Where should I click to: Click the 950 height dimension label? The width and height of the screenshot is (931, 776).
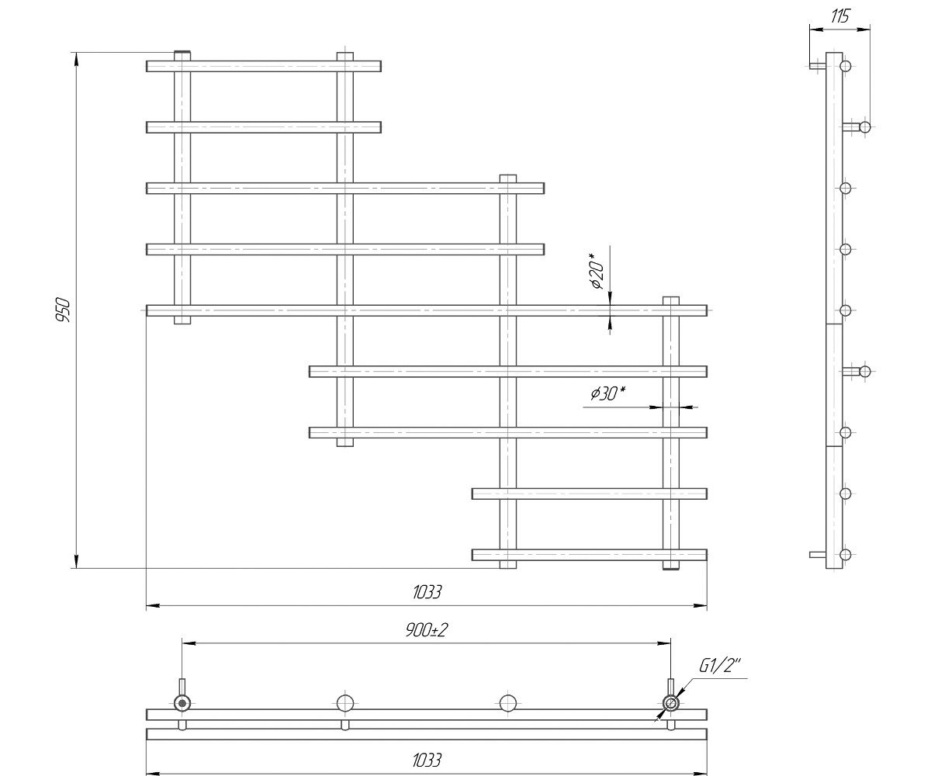[64, 310]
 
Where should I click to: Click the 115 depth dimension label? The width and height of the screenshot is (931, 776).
[840, 16]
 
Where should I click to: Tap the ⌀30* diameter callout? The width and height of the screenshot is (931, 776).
[607, 393]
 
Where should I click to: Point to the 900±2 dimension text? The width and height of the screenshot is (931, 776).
[426, 630]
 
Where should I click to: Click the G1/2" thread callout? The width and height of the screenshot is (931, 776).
[720, 666]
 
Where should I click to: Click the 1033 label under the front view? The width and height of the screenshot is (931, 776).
[427, 592]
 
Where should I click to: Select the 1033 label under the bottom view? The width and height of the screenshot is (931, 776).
[427, 760]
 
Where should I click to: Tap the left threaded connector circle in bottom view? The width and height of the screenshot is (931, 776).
[182, 703]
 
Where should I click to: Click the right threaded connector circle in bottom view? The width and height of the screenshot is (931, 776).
[670, 703]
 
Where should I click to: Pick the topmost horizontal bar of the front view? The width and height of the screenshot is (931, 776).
[264, 66]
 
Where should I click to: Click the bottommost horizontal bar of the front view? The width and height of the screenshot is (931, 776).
[590, 555]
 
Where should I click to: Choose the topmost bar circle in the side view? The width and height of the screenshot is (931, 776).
[846, 66]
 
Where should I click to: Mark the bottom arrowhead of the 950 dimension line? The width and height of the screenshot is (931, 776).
[77, 562]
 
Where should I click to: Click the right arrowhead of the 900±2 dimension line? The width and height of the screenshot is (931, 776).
[664, 643]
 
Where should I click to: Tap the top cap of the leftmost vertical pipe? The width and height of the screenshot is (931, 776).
[182, 55]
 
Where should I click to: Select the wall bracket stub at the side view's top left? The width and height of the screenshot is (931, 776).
[817, 66]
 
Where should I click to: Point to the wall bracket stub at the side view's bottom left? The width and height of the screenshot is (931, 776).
[817, 555]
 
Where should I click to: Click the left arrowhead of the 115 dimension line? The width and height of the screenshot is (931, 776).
[816, 30]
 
